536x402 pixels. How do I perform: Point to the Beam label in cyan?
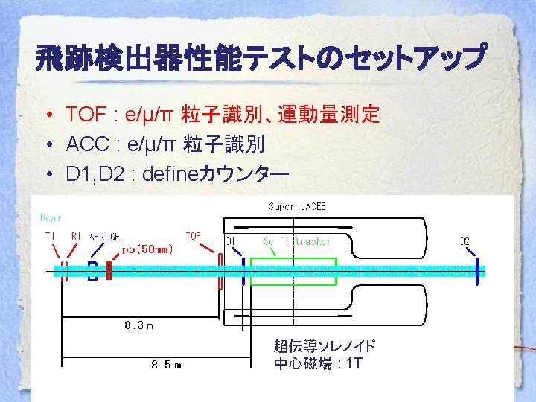(x=51, y=218)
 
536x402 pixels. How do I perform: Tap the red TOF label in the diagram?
(x=194, y=236)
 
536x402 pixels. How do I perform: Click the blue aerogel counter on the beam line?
(x=92, y=270)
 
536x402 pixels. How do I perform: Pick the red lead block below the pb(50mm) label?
(x=109, y=270)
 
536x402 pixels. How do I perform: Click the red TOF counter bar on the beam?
(x=221, y=271)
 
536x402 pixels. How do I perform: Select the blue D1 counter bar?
(x=243, y=270)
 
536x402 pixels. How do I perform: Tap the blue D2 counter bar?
(x=474, y=269)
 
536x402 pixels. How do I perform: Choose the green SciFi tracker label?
(x=296, y=241)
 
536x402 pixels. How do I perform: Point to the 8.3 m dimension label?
(x=139, y=325)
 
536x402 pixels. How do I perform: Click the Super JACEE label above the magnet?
(x=296, y=206)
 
